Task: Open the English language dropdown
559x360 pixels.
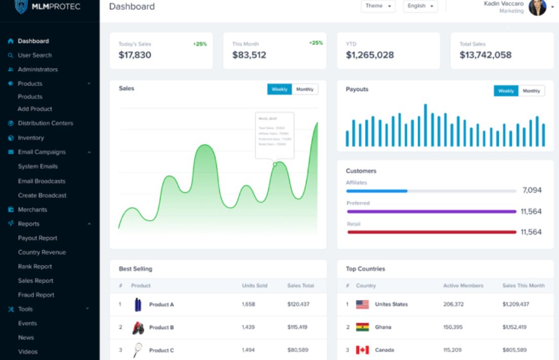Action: click(421, 7)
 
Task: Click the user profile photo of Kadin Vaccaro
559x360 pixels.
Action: click(537, 7)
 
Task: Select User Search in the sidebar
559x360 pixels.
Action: click(34, 55)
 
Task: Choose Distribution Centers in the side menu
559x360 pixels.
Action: click(45, 123)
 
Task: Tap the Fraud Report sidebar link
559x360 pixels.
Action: click(36, 295)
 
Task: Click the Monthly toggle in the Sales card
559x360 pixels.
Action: click(305, 89)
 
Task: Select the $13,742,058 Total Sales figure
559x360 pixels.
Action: click(486, 55)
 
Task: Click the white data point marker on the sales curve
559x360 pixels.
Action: click(275, 164)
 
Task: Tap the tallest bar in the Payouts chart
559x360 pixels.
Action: click(425, 125)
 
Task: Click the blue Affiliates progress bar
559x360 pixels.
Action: click(377, 191)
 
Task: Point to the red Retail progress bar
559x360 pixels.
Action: click(431, 232)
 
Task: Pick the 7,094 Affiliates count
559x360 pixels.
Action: click(532, 191)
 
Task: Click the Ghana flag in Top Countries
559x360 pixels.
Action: click(362, 327)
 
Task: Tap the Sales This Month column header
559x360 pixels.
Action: click(523, 286)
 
